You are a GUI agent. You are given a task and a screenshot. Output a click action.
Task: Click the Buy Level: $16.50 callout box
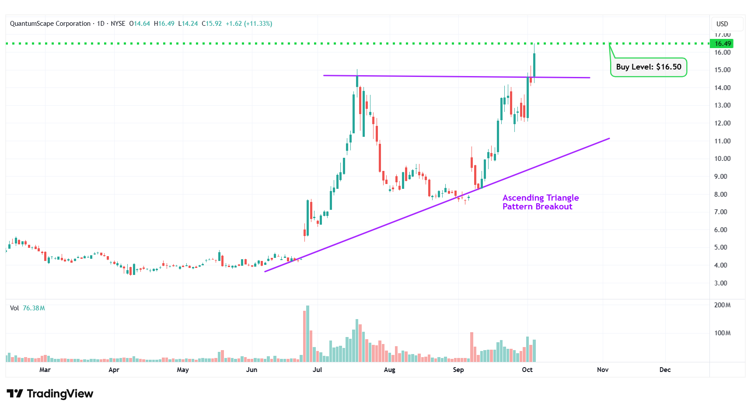(649, 67)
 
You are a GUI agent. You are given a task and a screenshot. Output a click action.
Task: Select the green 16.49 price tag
(722, 44)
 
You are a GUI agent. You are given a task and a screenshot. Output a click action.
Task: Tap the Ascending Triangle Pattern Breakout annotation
(540, 202)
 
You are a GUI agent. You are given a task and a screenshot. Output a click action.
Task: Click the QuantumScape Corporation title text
(50, 24)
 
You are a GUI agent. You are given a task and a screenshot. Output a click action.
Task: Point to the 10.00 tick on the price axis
(722, 159)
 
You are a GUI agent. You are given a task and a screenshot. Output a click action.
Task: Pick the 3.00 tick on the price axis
(720, 283)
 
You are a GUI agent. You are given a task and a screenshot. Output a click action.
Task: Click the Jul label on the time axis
(317, 370)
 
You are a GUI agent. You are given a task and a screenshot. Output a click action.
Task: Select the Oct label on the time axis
(527, 370)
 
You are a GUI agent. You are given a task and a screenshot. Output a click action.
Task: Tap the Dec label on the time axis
(665, 370)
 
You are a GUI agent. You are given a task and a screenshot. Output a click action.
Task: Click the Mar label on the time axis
(45, 370)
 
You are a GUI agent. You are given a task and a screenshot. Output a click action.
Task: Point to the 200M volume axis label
(722, 305)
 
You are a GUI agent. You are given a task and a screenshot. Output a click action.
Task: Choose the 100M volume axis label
(722, 333)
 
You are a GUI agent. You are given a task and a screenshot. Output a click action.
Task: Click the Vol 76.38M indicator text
(27, 308)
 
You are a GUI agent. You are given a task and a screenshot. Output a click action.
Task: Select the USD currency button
(722, 24)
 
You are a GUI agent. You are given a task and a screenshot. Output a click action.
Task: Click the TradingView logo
(50, 394)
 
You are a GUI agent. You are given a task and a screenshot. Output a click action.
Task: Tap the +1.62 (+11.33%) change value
(249, 24)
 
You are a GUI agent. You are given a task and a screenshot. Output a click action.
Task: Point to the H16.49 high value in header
(164, 24)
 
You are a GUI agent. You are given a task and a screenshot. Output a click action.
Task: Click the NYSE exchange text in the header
(118, 24)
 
